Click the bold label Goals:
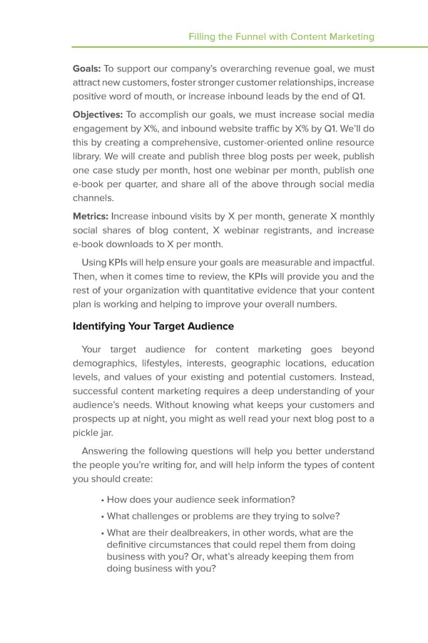(87, 69)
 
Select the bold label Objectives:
(98, 115)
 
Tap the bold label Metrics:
(91, 216)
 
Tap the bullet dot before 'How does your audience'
(103, 499)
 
